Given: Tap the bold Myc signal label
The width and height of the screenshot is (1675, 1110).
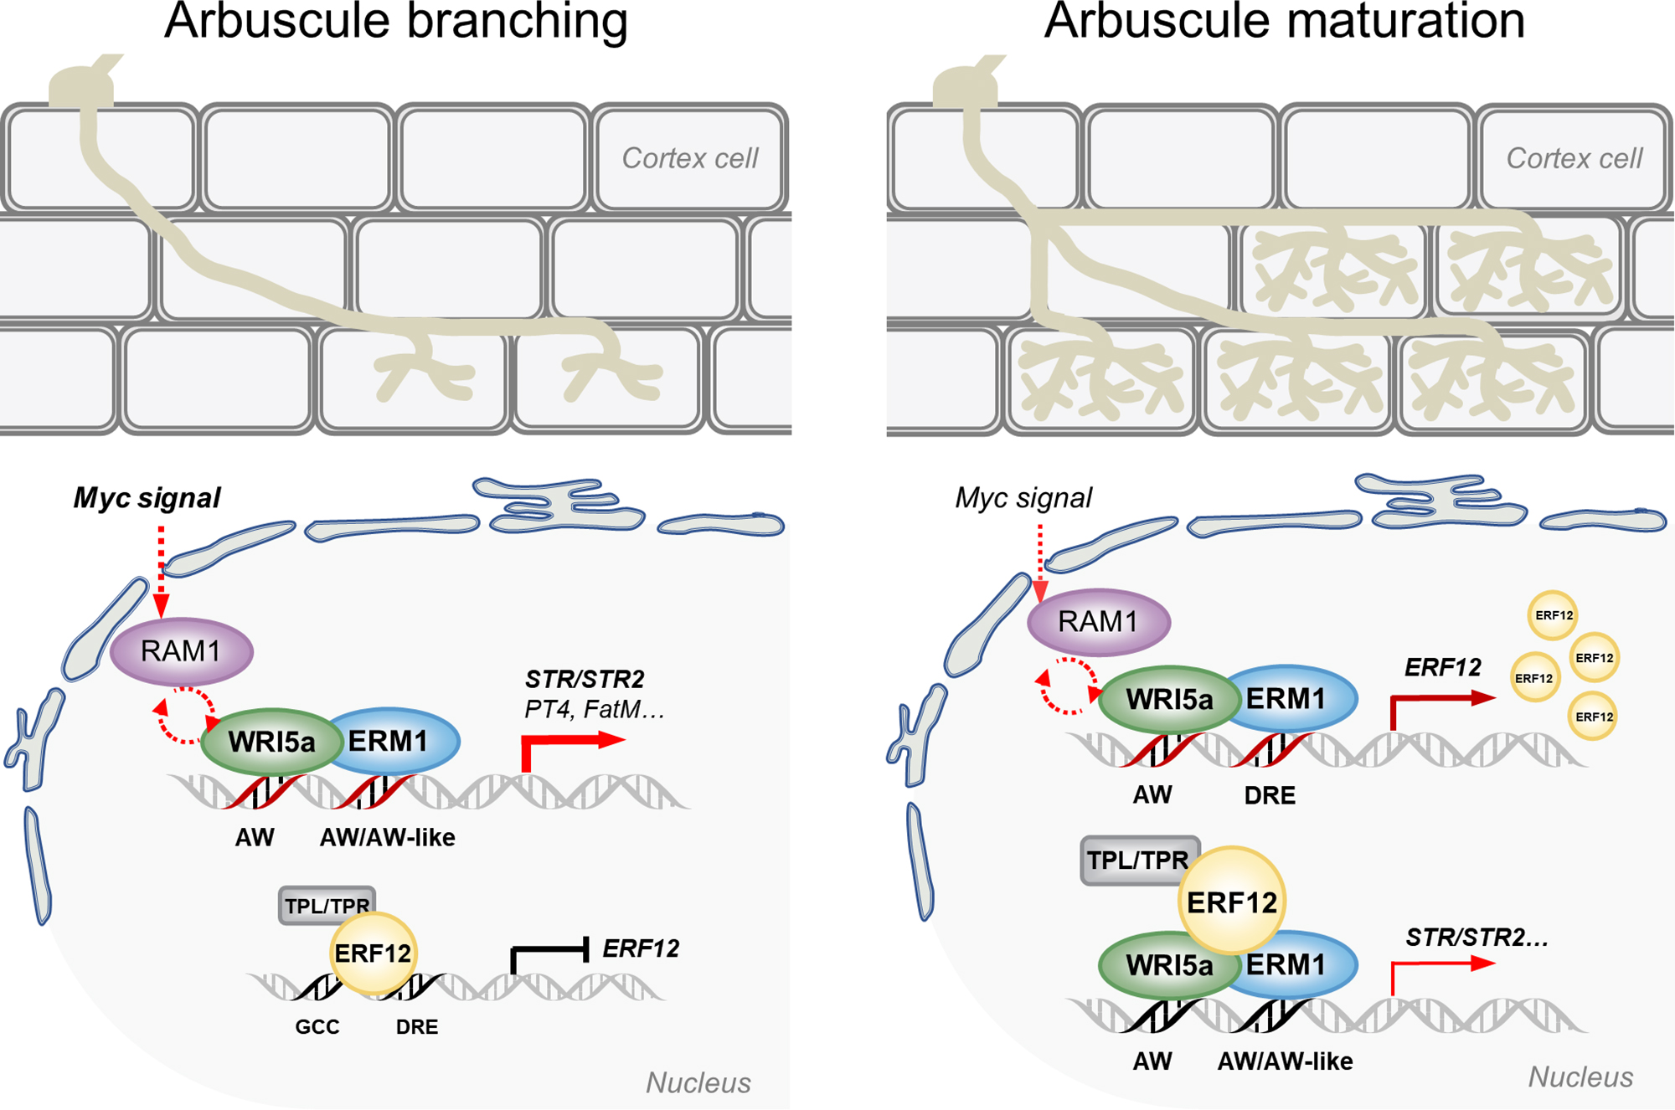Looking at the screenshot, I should point(147,498).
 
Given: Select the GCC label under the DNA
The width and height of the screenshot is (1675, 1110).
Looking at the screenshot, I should point(317,1027).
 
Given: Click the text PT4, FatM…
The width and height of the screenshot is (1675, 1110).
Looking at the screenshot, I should point(594,710).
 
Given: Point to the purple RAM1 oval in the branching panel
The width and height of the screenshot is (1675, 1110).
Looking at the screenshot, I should point(181,651).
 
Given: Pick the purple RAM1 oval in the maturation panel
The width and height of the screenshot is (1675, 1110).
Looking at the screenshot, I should point(1098,622).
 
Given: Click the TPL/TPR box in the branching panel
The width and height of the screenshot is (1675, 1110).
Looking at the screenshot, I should point(326,906).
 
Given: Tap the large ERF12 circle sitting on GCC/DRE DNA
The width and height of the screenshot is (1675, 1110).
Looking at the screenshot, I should point(373,953).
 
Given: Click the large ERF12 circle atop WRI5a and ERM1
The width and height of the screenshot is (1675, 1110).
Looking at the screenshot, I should point(1231,902).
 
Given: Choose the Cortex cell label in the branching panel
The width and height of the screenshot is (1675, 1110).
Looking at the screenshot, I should point(689,158).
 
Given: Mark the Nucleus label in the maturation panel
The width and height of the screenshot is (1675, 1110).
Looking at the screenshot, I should point(1580,1077).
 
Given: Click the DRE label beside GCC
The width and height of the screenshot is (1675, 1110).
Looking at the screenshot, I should point(417,1027).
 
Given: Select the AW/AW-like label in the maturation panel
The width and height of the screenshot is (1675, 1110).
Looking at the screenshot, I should point(1285,1061).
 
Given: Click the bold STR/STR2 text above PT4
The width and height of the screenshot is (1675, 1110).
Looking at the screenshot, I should point(585,679).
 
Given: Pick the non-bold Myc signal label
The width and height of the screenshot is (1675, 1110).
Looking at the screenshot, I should point(1023,498).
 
